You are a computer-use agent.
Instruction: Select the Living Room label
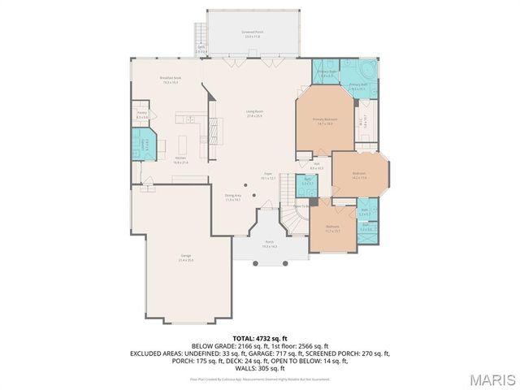click(254, 113)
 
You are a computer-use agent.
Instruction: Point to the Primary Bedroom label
click(324, 121)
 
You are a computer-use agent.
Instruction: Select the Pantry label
click(141, 115)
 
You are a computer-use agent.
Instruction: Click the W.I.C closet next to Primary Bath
click(363, 123)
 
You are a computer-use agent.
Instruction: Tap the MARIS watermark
click(492, 379)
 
